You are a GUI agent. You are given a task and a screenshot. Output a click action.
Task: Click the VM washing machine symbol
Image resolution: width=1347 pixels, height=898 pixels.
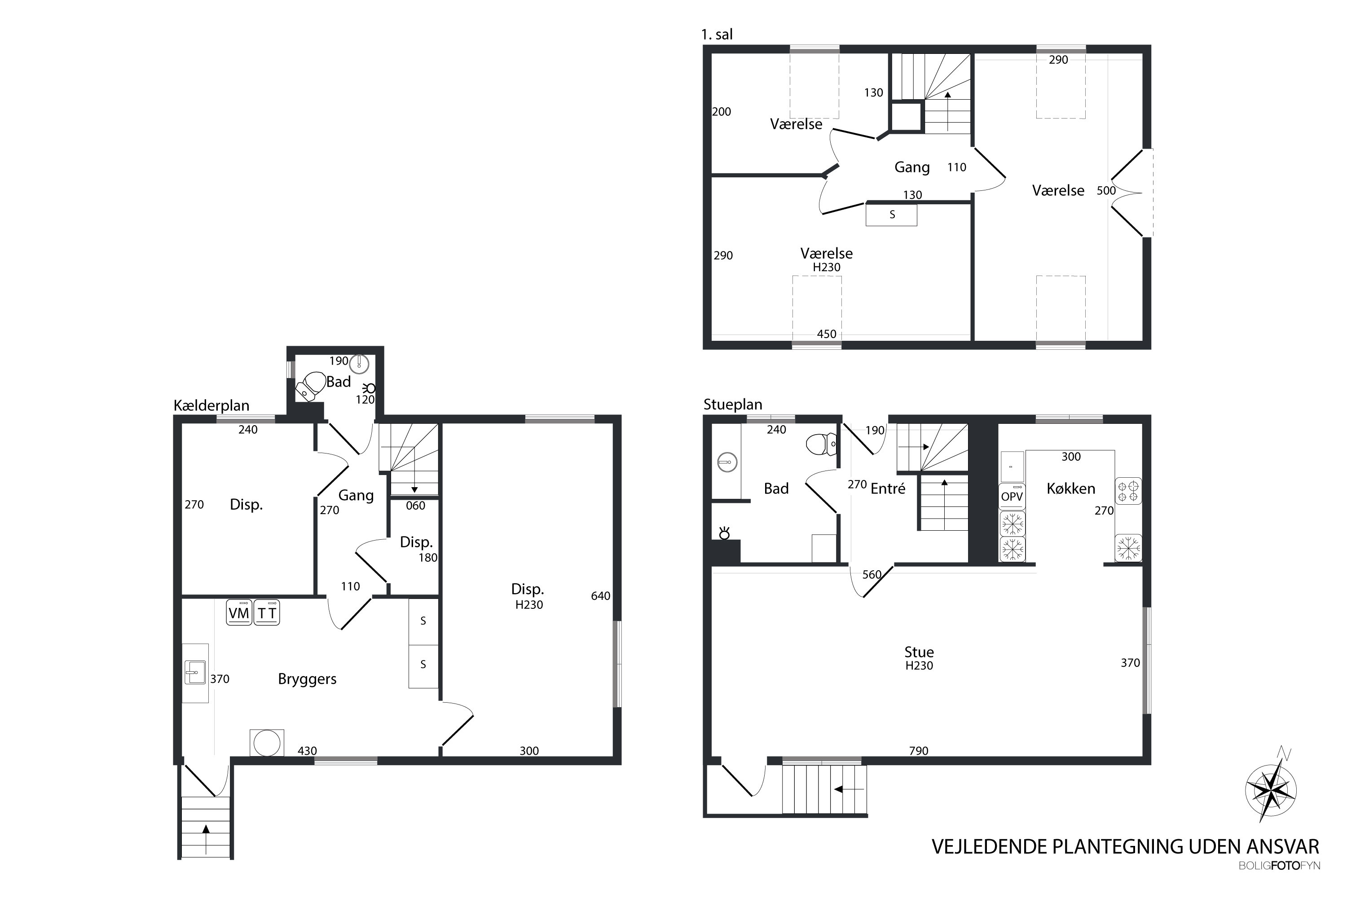(239, 612)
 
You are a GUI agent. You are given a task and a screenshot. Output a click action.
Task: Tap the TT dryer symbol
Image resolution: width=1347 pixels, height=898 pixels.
(267, 612)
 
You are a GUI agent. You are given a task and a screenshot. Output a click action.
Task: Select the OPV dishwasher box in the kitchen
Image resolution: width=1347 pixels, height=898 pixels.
(1012, 496)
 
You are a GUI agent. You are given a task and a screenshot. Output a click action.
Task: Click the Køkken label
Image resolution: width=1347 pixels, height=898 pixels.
(1070, 489)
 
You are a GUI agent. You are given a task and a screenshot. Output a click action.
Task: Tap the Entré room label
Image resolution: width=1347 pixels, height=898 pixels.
(888, 489)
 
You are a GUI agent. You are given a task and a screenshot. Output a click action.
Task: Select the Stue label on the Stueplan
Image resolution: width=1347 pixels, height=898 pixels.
(919, 652)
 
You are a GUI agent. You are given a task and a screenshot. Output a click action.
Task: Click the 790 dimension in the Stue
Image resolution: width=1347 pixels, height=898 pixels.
(919, 751)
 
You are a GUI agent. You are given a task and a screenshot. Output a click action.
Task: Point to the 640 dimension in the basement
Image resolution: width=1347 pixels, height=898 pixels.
(601, 596)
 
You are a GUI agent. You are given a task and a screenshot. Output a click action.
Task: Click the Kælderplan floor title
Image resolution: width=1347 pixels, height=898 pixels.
(211, 406)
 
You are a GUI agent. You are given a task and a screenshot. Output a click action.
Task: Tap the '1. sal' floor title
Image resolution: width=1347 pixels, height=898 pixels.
(717, 35)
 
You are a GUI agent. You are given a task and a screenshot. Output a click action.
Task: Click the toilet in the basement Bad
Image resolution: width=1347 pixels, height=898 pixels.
(309, 385)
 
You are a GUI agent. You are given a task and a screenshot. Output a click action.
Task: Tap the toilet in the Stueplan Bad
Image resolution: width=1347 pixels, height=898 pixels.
(821, 444)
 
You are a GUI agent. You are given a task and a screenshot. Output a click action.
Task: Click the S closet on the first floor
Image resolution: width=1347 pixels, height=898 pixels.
(891, 215)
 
